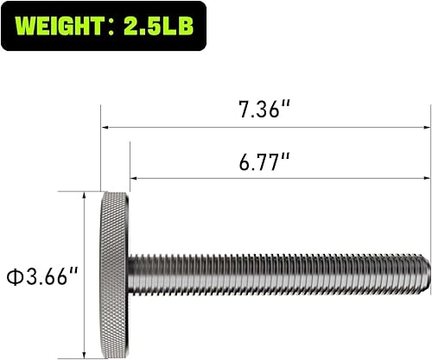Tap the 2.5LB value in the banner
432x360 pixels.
162,27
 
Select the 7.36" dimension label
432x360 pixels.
264,111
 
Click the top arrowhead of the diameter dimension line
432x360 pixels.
83,196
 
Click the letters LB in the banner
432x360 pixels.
180,27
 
